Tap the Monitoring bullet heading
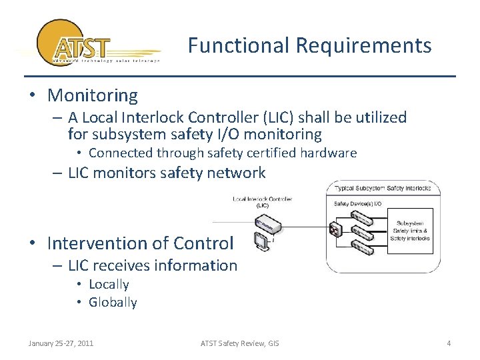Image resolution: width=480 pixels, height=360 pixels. coord(92,95)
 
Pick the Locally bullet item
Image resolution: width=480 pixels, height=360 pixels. coord(109,284)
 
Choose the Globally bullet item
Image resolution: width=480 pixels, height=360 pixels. coord(113,302)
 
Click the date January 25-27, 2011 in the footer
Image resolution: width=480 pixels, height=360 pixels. coord(61,343)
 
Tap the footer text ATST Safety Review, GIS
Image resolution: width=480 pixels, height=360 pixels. coord(240,343)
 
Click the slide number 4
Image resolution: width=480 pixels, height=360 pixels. coord(449,343)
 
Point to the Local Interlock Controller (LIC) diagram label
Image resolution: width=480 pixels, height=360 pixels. coord(262,202)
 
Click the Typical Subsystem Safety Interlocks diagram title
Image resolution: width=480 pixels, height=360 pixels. coord(383,188)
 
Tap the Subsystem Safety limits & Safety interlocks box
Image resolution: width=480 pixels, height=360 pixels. coord(410,230)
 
